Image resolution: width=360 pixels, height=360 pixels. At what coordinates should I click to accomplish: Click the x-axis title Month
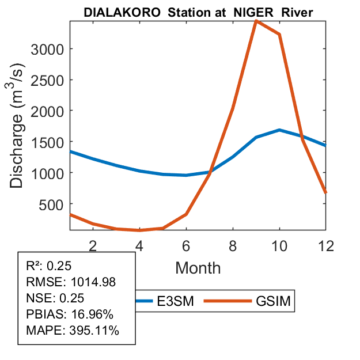(198, 267)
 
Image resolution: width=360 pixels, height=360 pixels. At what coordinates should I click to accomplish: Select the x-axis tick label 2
(93, 245)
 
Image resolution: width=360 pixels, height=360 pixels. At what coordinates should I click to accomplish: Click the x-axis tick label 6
(186, 245)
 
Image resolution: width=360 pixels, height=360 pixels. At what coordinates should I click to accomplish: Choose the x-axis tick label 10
(279, 245)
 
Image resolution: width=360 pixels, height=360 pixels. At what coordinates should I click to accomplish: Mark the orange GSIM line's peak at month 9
(256, 21)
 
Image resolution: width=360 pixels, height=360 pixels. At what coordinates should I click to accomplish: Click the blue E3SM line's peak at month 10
(279, 130)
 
